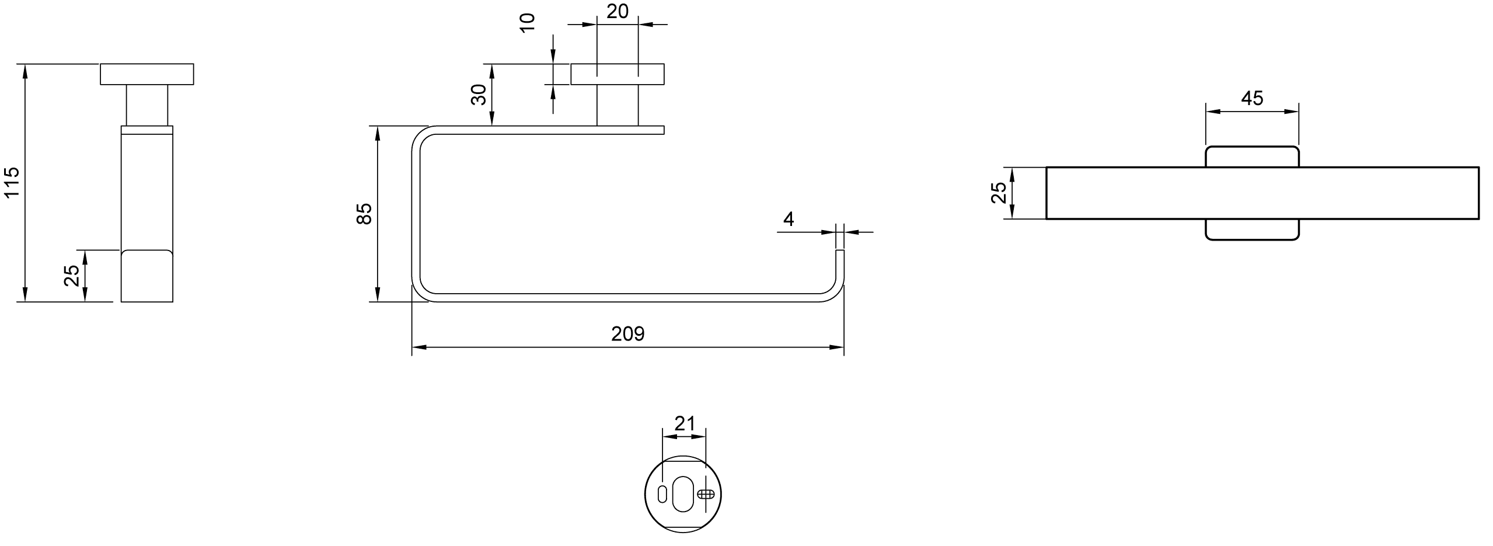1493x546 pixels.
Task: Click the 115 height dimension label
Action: [12, 182]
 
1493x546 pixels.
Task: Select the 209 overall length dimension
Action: [628, 334]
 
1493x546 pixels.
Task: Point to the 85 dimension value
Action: [364, 214]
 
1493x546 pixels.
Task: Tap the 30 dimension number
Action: [479, 95]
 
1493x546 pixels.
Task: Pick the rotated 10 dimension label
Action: [527, 23]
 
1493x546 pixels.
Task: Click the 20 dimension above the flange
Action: [618, 11]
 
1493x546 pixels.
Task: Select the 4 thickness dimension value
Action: [789, 220]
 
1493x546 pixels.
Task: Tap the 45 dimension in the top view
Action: [1253, 98]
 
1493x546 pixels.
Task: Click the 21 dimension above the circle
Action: [685, 423]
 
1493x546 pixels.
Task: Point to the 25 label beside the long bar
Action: [999, 193]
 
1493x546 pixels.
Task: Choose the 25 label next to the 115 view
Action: [71, 276]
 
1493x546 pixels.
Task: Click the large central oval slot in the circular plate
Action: [682, 494]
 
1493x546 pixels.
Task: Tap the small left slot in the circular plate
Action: [662, 494]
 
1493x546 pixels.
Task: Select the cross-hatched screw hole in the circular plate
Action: [706, 493]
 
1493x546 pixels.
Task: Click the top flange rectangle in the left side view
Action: [147, 74]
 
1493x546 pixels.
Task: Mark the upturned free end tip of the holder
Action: [840, 251]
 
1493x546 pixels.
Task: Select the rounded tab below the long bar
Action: [1253, 229]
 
